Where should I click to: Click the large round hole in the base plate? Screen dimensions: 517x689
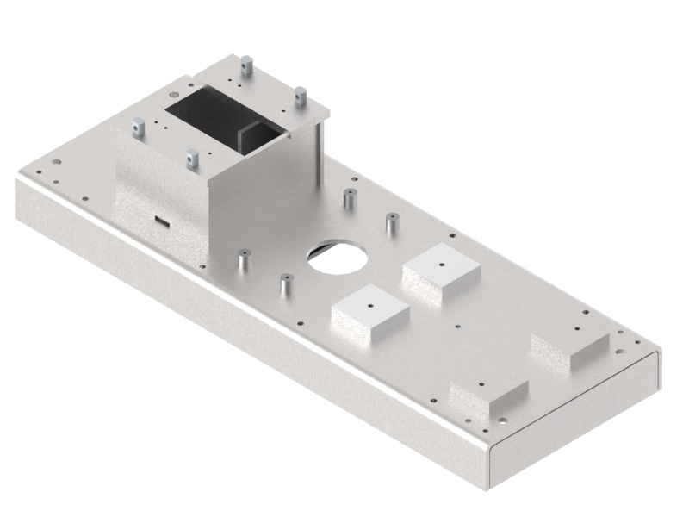pyautogui.click(x=338, y=257)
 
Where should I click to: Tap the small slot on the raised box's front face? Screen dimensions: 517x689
pyautogui.click(x=161, y=219)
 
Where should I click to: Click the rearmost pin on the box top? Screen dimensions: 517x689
pyautogui.click(x=246, y=65)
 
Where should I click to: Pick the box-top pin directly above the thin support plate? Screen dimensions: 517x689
pyautogui.click(x=301, y=97)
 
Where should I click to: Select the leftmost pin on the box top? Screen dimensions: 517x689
pyautogui.click(x=138, y=128)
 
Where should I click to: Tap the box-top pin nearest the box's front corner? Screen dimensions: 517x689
pyautogui.click(x=192, y=159)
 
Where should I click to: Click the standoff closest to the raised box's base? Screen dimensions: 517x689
pyautogui.click(x=243, y=259)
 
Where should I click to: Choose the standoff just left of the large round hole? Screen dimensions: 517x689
pyautogui.click(x=285, y=283)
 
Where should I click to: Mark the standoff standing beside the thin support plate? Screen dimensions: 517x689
pyautogui.click(x=349, y=198)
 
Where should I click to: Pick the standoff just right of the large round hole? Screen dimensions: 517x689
pyautogui.click(x=391, y=224)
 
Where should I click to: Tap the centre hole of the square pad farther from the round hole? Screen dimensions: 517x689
pyautogui.click(x=441, y=265)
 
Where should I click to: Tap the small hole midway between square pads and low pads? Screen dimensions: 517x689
pyautogui.click(x=456, y=327)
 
